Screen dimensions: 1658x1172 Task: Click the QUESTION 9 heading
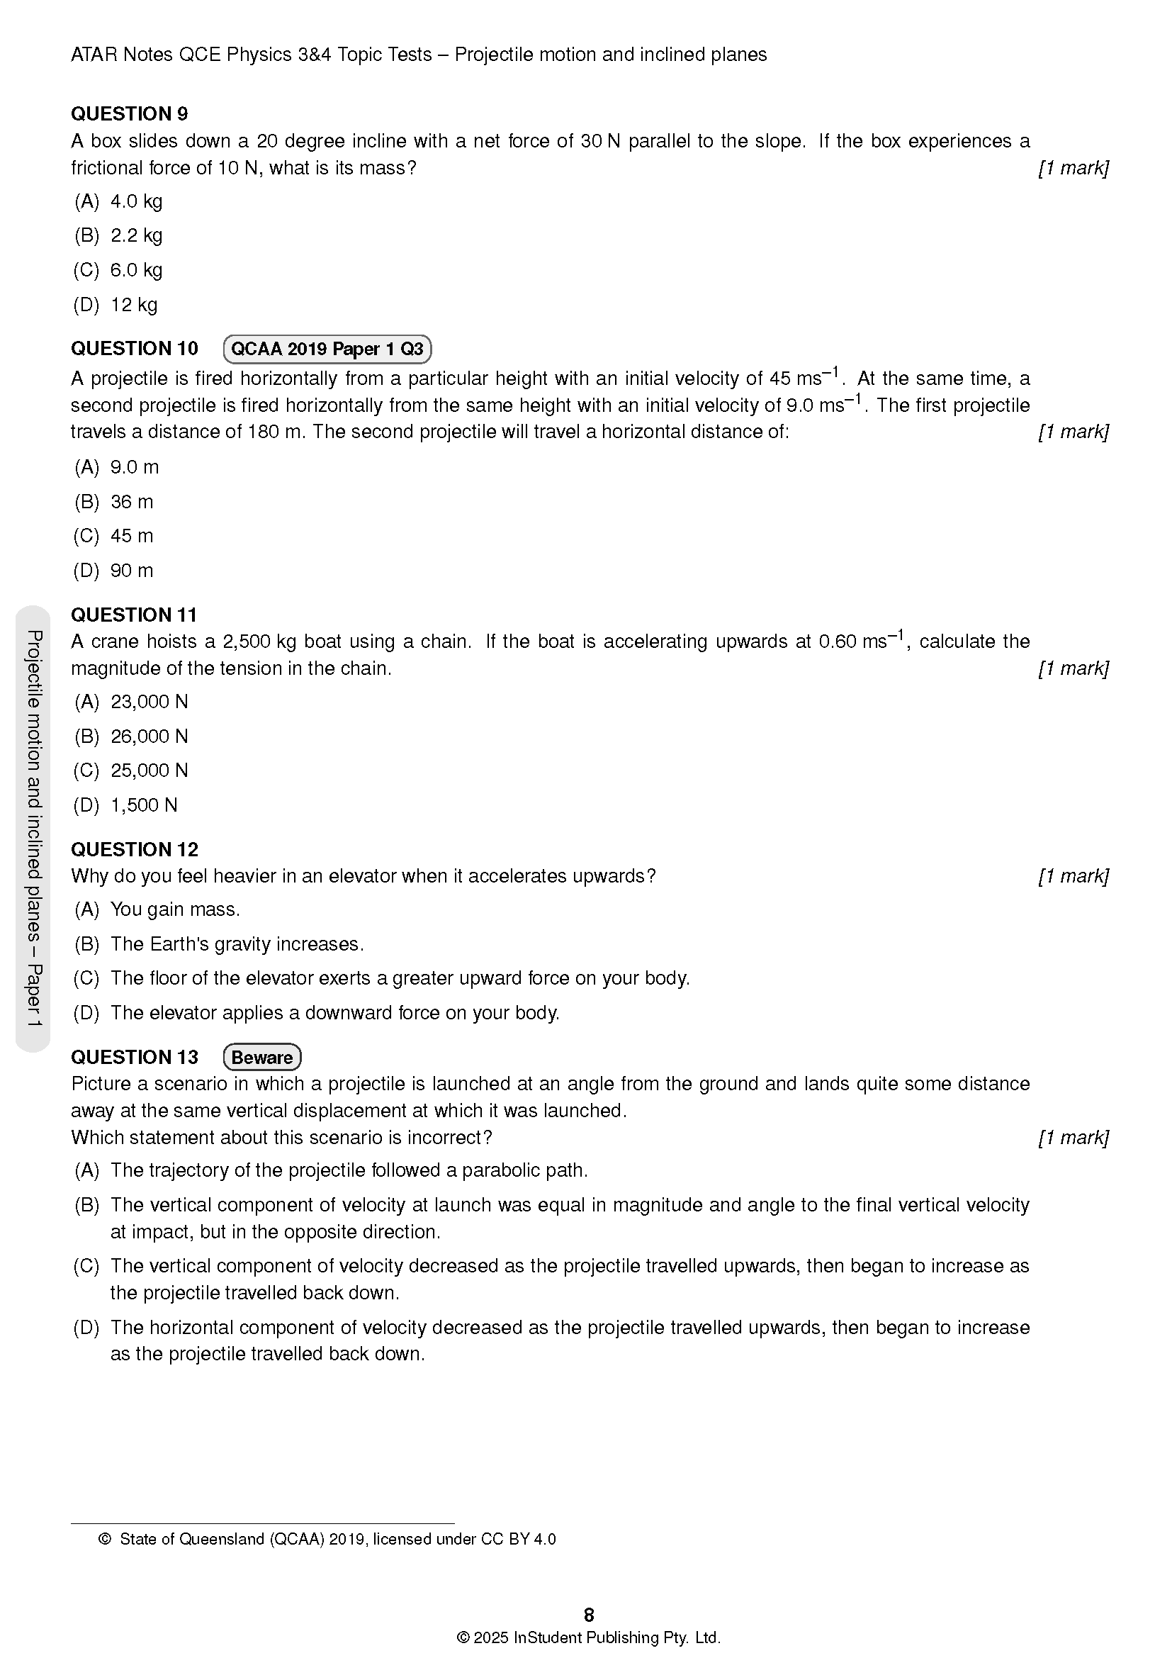click(x=129, y=113)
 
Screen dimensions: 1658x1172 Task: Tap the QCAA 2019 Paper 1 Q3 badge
click(x=327, y=349)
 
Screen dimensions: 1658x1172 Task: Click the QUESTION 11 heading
click(x=133, y=615)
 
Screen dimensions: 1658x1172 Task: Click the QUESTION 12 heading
click(x=134, y=849)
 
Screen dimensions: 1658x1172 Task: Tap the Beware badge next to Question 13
click(x=262, y=1058)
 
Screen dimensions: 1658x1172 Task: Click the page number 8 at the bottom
click(x=589, y=1615)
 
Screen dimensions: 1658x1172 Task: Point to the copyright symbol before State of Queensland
click(x=105, y=1539)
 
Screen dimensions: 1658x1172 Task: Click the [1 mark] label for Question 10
click(x=1073, y=432)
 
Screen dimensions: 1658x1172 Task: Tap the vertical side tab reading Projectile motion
click(x=33, y=827)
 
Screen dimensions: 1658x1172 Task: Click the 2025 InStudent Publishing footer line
click(x=588, y=1637)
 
